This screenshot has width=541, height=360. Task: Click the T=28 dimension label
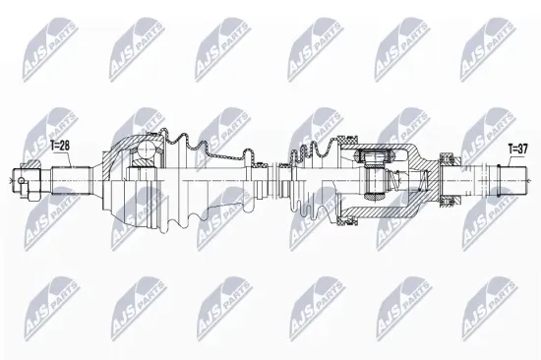tap(60, 145)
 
